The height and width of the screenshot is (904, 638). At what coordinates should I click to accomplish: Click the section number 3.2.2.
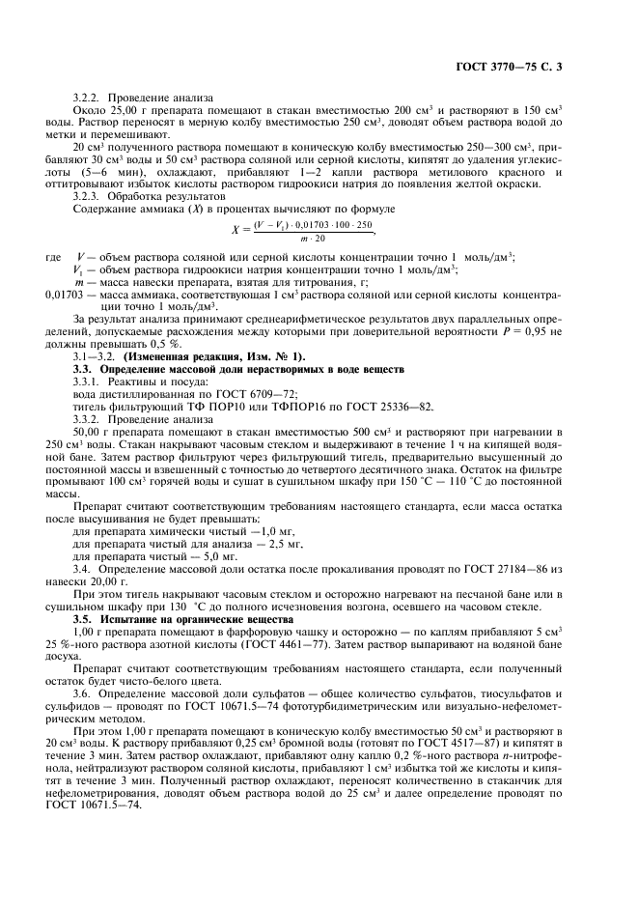89,98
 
